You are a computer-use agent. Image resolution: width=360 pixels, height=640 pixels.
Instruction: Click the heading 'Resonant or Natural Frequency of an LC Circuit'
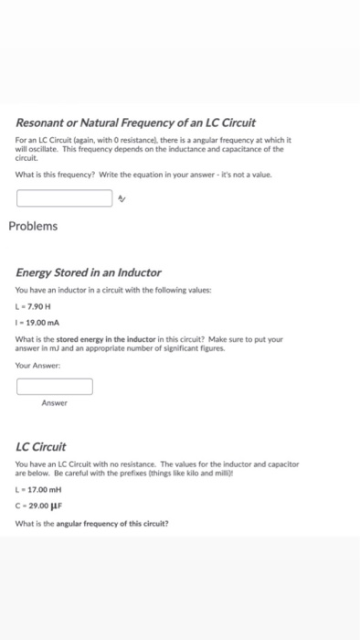pyautogui.click(x=135, y=123)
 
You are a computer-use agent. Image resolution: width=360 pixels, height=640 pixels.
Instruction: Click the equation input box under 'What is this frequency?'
pyautogui.click(x=64, y=197)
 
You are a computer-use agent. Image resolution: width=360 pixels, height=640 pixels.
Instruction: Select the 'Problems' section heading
pyautogui.click(x=33, y=226)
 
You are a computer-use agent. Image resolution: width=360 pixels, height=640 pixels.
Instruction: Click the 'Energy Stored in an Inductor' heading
pyautogui.click(x=89, y=272)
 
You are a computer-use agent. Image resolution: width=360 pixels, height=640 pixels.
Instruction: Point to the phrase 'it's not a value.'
pyautogui.click(x=244, y=174)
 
